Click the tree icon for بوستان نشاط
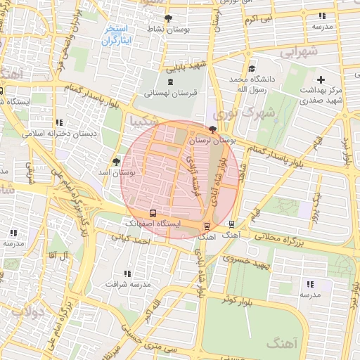coord(167,18)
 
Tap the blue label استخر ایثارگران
coord(117,35)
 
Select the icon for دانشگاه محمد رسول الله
coord(252,69)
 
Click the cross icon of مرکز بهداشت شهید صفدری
coord(321,79)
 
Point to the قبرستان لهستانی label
coord(167,93)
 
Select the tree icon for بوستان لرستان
coord(213,130)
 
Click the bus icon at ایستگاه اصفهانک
coord(153,212)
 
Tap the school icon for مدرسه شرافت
coord(127,274)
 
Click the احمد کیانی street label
coord(135,241)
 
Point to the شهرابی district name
coord(299,52)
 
